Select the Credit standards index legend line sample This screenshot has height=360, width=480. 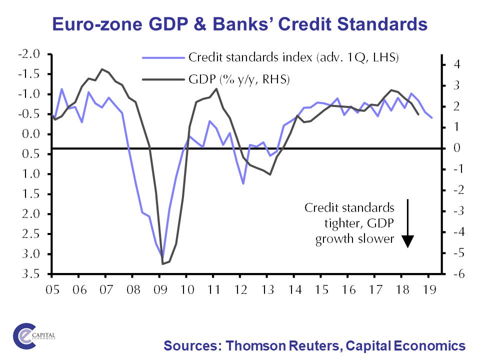click(163, 57)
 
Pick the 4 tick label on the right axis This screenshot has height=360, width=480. click(456, 64)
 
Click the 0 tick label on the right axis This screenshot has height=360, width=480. click(456, 148)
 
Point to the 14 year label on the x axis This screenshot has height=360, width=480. click(295, 290)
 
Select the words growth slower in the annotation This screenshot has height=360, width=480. click(354, 239)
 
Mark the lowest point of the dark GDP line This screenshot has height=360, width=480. click(163, 263)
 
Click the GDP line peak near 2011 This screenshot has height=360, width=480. click(216, 89)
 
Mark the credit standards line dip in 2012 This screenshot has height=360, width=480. click(243, 183)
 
